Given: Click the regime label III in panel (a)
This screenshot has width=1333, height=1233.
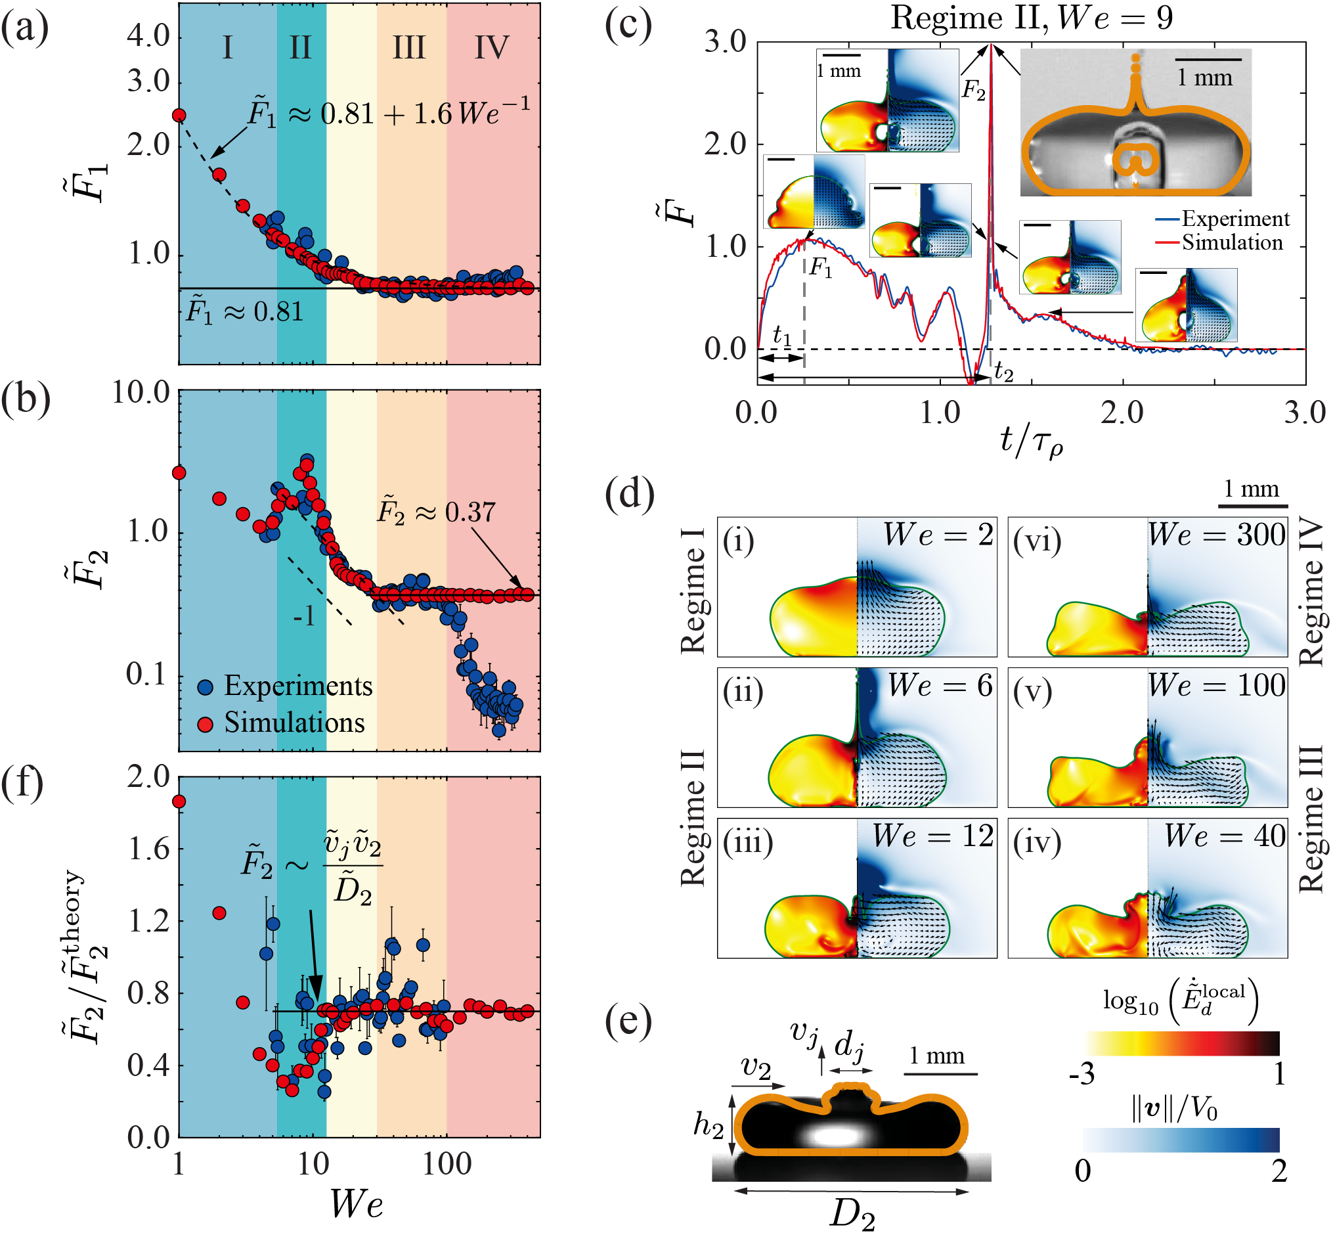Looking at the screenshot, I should coord(408,48).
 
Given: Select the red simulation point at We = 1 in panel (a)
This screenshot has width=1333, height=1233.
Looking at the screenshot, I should coord(179,116).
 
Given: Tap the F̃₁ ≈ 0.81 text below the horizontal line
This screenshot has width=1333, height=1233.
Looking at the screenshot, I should coord(245,311).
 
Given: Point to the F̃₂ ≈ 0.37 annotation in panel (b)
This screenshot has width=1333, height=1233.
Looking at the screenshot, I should coord(437,512).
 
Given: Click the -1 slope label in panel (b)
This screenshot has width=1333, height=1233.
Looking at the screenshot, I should coord(304,616).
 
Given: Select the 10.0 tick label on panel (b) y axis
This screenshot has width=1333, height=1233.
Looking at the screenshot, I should coord(141,392).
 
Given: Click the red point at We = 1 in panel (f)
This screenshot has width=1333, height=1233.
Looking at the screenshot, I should coord(179,801).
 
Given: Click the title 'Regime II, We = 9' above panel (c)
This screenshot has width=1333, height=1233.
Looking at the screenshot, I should coord(1032,18).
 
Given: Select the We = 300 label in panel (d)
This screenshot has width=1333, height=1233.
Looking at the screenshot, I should coord(1216,535).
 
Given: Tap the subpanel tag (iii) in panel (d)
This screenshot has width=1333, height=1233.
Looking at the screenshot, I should coord(747,843).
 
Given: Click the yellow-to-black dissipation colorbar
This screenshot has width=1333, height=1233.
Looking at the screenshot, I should coord(1181,1044).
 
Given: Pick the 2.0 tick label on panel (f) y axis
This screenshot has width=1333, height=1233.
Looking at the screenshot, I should coord(149,777).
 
